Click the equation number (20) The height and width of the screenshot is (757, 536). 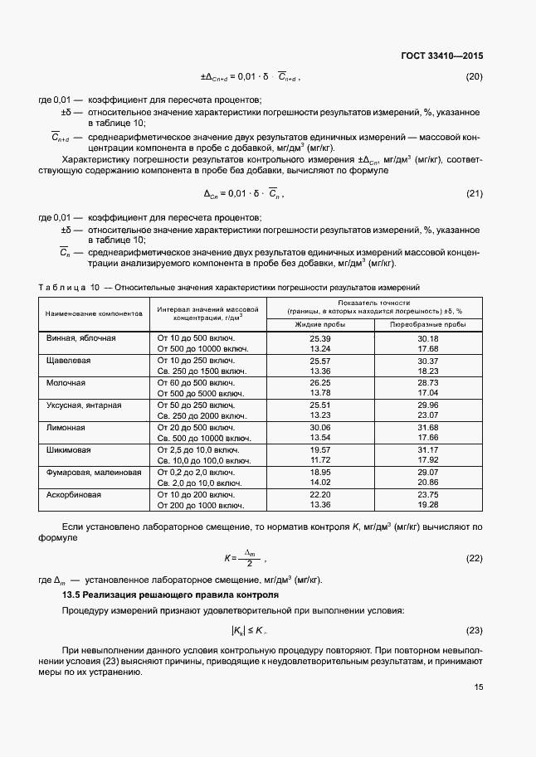(x=475, y=77)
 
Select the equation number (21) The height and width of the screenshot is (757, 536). (x=475, y=194)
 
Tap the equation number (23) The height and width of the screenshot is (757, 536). (x=475, y=630)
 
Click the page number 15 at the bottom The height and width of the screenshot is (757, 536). (x=478, y=687)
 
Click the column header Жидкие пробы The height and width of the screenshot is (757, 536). (x=319, y=323)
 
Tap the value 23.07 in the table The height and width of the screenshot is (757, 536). (x=428, y=415)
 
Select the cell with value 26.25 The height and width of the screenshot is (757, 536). (x=320, y=383)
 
